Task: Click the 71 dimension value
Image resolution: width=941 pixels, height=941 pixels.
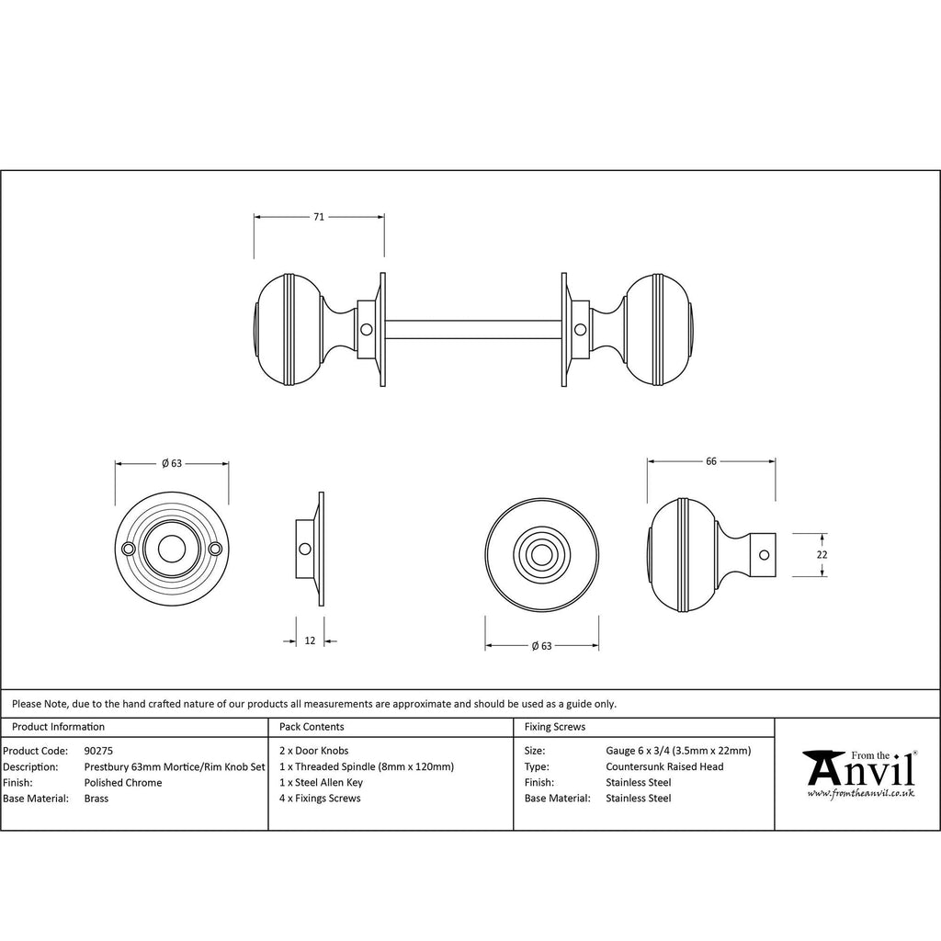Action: pos(319,217)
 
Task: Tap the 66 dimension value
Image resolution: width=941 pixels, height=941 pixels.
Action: pos(711,461)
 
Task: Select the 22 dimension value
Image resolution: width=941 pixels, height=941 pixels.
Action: pos(822,555)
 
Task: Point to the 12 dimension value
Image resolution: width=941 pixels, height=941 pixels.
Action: pos(310,641)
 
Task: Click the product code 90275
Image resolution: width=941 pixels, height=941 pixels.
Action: pos(98,751)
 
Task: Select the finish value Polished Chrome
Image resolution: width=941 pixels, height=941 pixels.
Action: pos(123,783)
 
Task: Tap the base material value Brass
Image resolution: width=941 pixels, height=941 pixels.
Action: pos(96,799)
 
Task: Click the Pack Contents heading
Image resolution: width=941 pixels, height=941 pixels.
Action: pos(312,727)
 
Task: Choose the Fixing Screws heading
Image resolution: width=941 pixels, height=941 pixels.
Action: pos(554,727)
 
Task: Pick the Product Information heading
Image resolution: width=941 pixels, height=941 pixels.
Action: pos(58,727)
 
